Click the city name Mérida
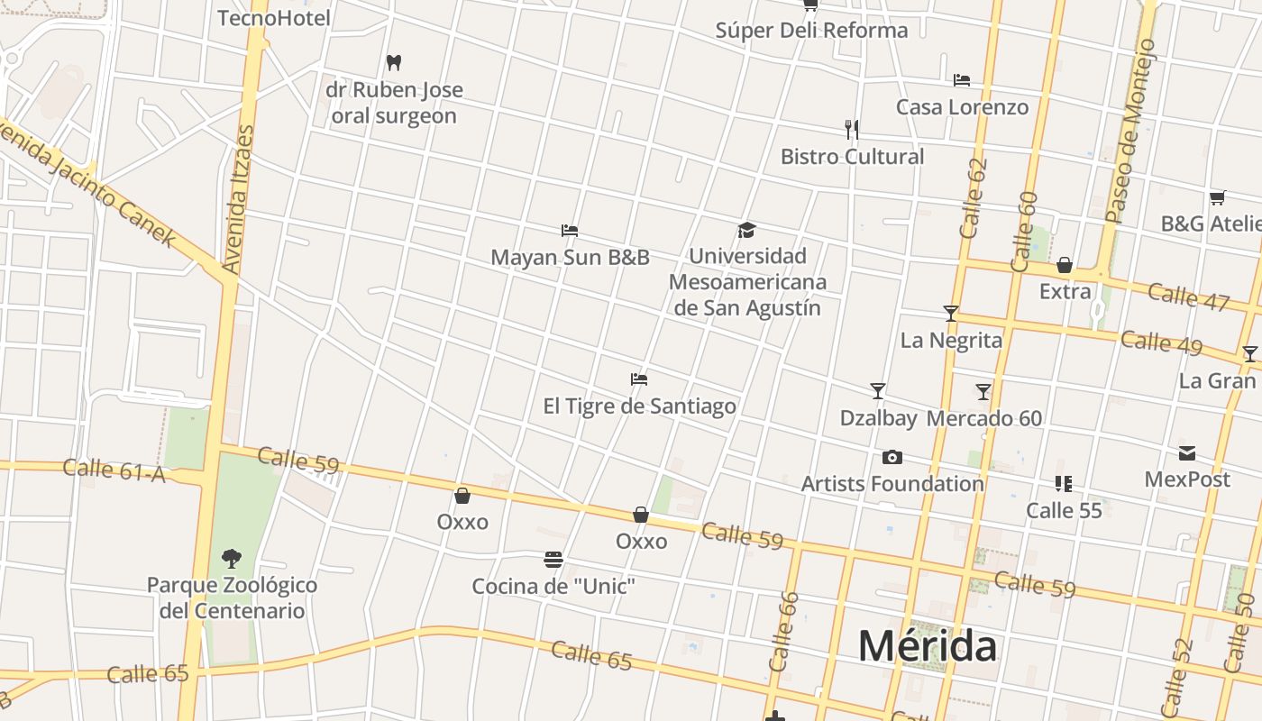[x=927, y=645]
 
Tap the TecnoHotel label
[x=274, y=18]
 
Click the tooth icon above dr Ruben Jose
[x=393, y=62]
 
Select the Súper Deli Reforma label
[x=811, y=30]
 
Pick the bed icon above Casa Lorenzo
[x=962, y=80]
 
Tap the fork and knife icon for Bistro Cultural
[x=852, y=130]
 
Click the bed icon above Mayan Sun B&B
[x=569, y=231]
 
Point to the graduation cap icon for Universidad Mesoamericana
[x=746, y=230]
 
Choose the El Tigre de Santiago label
[x=639, y=406]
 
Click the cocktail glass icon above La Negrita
[x=951, y=314]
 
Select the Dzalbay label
[x=878, y=418]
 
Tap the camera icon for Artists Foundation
[x=892, y=458]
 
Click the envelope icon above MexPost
[x=1187, y=452]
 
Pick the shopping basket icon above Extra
[x=1065, y=265]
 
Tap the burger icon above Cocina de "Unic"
[x=553, y=560]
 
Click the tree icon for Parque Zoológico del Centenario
[x=232, y=559]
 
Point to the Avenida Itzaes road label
[x=238, y=199]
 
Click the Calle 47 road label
[x=1188, y=296]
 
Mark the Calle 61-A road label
[x=114, y=470]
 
